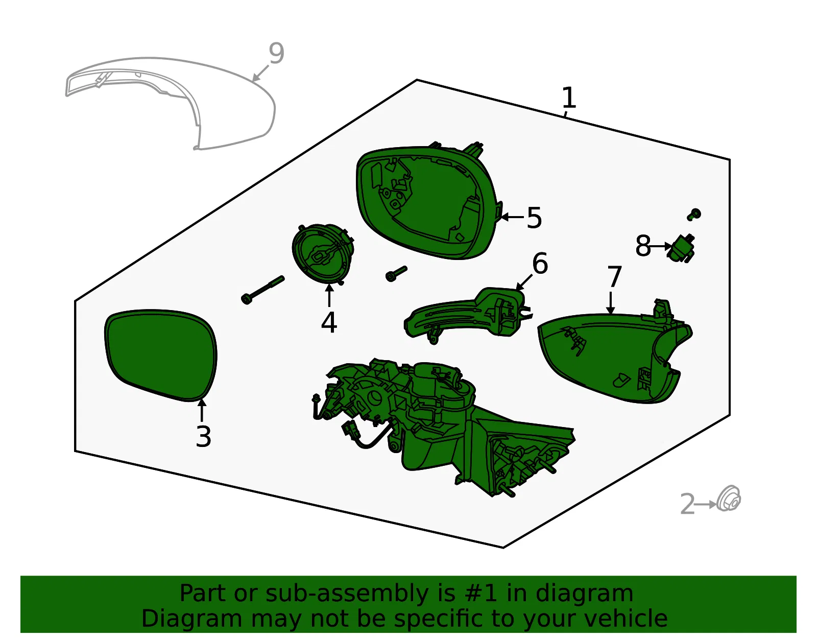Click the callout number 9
tap(276, 54)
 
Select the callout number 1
tap(569, 98)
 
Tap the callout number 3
tap(203, 437)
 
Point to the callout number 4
tap(329, 322)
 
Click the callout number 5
tap(534, 218)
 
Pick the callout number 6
tap(540, 264)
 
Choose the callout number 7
tap(614, 277)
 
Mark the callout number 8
tap(643, 246)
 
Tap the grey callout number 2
tap(688, 504)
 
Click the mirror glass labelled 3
tap(161, 355)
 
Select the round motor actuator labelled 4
tap(323, 254)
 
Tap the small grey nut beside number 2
tap(728, 499)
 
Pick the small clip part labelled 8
tap(681, 248)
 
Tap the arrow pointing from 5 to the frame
tap(512, 217)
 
